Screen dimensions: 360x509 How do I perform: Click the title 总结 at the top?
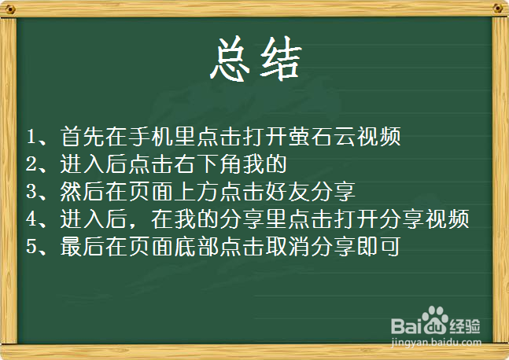(x=255, y=58)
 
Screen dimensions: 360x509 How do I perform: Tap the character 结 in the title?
(x=279, y=58)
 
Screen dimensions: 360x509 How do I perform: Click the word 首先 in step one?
(x=82, y=137)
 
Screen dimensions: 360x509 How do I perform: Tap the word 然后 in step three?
(x=82, y=192)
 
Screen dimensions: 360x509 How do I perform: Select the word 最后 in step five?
(x=82, y=247)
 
